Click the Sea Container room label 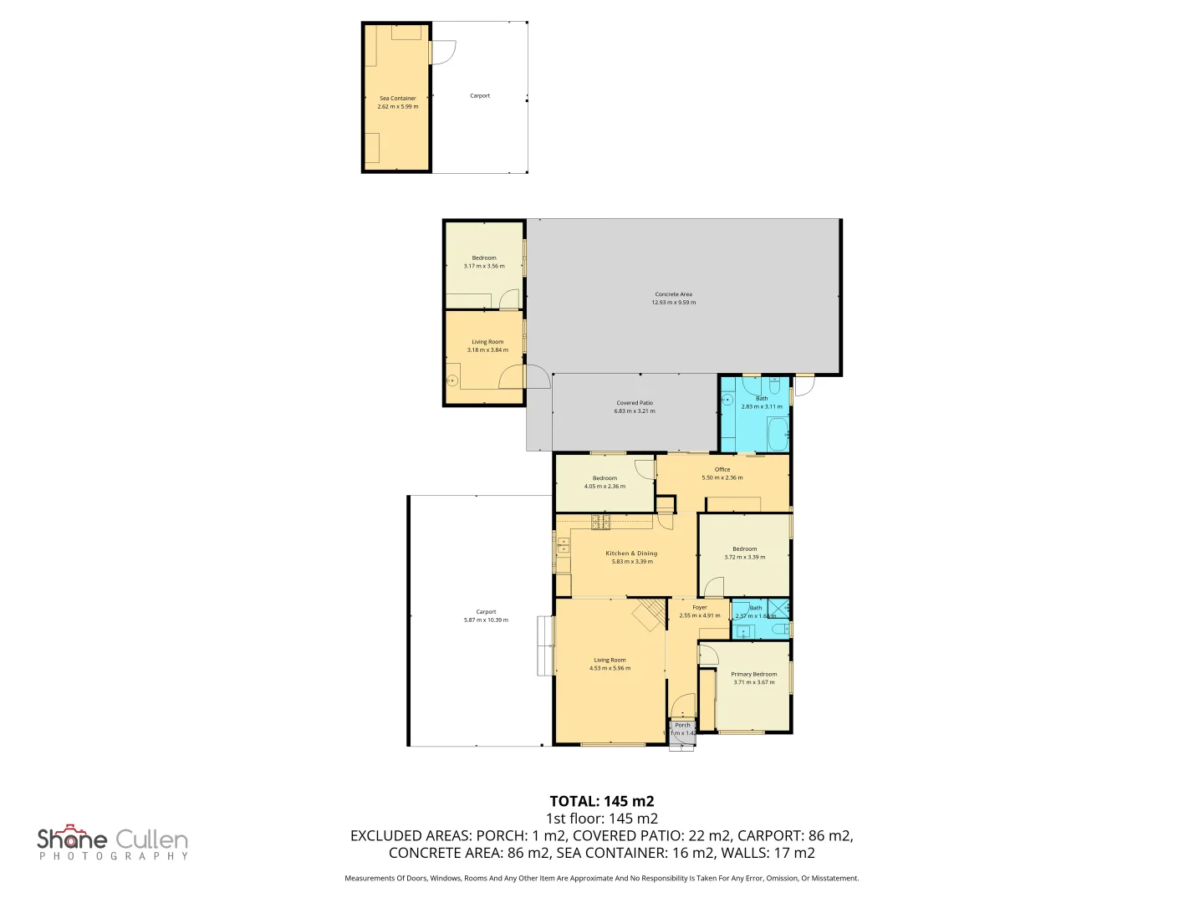[x=398, y=98]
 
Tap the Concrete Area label [x=673, y=294]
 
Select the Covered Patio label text [x=635, y=403]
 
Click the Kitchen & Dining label [x=631, y=554]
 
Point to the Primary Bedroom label [x=753, y=674]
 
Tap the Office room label [x=722, y=469]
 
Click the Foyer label [x=700, y=607]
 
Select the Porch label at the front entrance [x=682, y=725]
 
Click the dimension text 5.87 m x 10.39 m [x=486, y=620]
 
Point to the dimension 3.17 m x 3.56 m [x=484, y=266]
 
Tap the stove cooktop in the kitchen [x=600, y=523]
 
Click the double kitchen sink [x=564, y=547]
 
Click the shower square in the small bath [x=779, y=609]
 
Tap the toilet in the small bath [x=779, y=629]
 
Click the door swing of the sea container [x=443, y=52]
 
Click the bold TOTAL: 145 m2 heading [x=601, y=801]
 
